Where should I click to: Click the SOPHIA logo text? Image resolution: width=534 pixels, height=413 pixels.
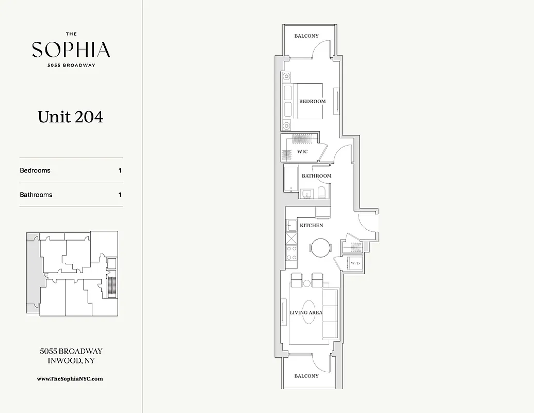point(71,50)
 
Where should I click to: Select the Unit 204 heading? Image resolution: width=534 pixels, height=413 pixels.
point(70,117)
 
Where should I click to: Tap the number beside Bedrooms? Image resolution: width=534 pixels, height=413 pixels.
point(120,170)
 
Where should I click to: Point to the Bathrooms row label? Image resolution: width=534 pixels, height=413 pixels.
point(36,195)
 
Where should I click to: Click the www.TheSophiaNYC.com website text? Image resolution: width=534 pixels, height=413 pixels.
point(70,378)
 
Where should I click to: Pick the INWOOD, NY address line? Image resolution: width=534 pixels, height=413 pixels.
point(71,360)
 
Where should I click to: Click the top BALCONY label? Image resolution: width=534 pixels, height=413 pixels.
point(306,36)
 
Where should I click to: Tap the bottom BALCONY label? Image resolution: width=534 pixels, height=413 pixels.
point(306,376)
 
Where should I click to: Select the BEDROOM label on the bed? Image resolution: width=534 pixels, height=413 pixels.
point(312,101)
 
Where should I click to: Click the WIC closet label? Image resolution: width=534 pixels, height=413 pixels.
point(302,152)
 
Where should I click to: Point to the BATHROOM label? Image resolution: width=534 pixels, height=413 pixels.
point(316,176)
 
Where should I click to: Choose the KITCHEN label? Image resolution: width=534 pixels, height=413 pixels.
point(311,226)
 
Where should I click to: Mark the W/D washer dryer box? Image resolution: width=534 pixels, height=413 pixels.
point(355,264)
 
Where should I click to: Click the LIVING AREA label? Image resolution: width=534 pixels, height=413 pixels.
point(306,312)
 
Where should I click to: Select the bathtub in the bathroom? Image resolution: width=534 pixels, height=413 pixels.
point(291,179)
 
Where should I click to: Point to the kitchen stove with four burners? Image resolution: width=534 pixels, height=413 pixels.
point(292,252)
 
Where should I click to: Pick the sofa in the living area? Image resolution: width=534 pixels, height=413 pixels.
point(330,313)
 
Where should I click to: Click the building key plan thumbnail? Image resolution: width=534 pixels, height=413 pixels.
point(73,273)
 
